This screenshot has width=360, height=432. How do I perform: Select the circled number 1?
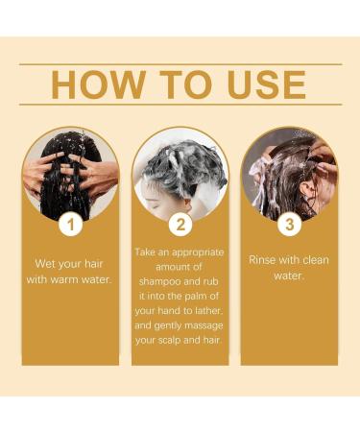[70, 226]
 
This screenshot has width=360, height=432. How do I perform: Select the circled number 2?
[180, 226]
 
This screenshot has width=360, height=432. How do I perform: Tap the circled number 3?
[289, 226]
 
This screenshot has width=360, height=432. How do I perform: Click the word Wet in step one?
[52, 264]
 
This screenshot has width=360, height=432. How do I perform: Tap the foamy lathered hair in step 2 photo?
[187, 158]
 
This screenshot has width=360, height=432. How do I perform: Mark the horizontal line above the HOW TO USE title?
[180, 64]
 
